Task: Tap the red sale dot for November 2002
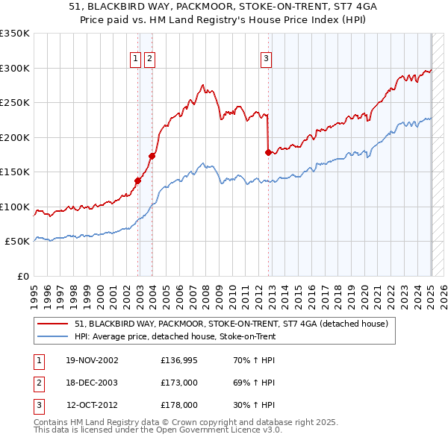138,180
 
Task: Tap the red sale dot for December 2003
152,156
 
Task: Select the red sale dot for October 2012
268,152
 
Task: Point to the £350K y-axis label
15,34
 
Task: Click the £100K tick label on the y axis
15,207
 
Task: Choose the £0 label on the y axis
22,276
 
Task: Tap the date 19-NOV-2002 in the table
92,360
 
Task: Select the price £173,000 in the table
179,383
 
